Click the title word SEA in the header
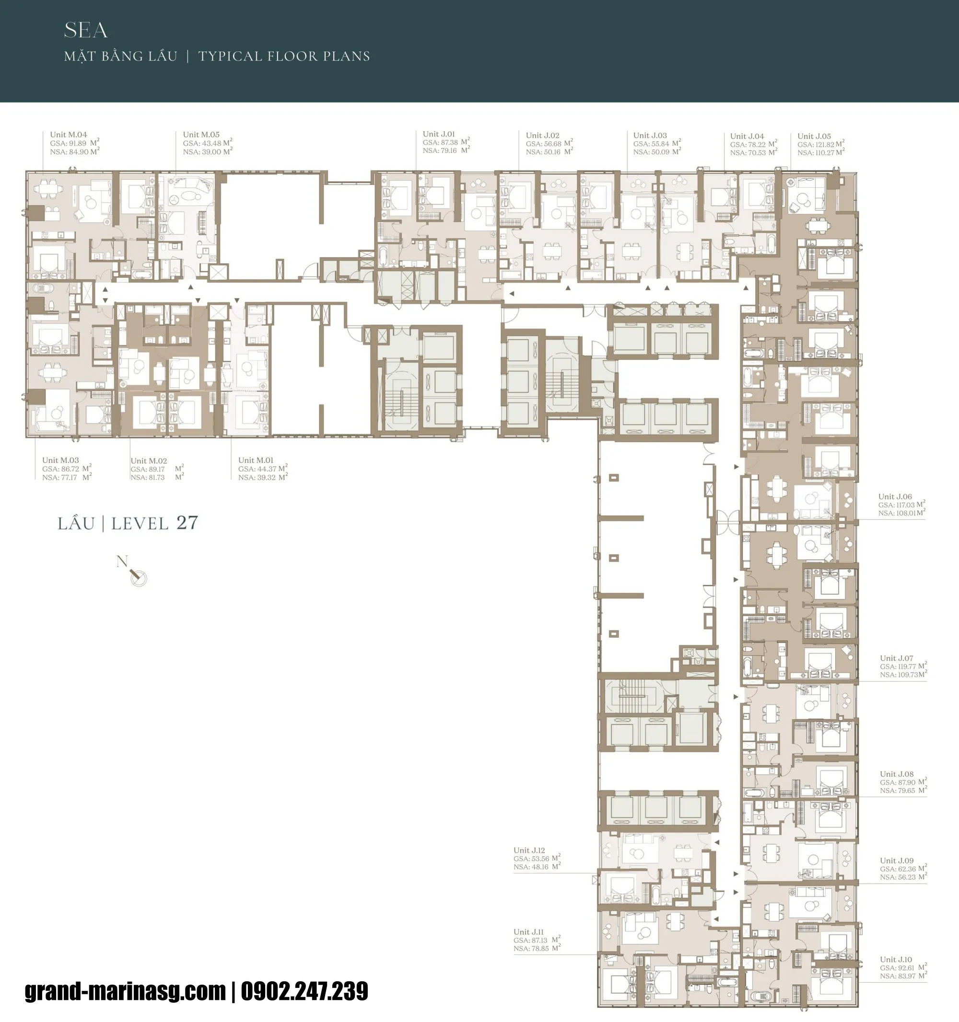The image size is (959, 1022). [x=85, y=30]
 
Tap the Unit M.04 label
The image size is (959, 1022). [x=69, y=135]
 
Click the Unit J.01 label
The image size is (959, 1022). [x=439, y=134]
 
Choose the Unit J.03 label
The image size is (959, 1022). [x=650, y=136]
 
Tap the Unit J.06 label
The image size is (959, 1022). [x=895, y=496]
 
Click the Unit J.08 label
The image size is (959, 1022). [x=897, y=774]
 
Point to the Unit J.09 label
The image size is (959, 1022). [x=897, y=861]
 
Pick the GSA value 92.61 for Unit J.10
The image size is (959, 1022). [x=906, y=968]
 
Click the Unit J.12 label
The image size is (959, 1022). [x=529, y=850]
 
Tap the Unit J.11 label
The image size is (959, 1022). [x=528, y=932]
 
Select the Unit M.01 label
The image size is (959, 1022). [x=256, y=460]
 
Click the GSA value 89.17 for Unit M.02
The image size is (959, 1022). [x=155, y=470]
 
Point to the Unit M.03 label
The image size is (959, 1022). [x=60, y=460]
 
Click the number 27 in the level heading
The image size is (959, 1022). [x=187, y=523]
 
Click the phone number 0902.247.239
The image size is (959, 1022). [x=304, y=992]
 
